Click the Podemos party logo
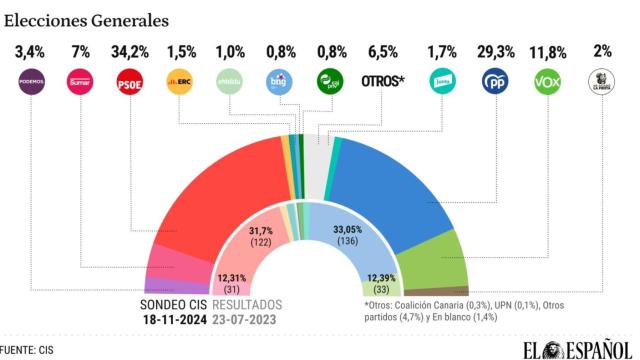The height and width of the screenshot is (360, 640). click(31, 81)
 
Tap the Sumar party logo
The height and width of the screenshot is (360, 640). click(80, 81)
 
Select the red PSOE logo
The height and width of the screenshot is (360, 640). click(130, 81)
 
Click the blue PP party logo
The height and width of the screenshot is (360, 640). click(495, 81)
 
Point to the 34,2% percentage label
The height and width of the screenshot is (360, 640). click(130, 50)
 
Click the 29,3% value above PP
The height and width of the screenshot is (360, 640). click(495, 50)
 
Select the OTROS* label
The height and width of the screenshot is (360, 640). click(382, 81)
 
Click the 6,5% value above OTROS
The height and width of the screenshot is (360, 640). click(382, 50)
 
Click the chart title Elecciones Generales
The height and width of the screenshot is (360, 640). click(86, 19)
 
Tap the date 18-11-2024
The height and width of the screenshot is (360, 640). click(177, 320)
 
